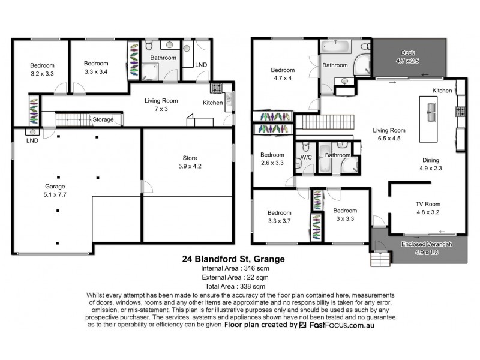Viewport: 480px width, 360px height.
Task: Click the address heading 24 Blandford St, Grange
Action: pos(233,260)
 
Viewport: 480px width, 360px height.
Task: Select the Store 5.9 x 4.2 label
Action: pos(189,163)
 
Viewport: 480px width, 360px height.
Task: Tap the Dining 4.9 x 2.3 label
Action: pos(430,164)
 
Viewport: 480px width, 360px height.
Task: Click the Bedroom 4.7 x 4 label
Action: pos(282,74)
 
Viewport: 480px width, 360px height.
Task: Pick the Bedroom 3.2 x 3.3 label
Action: pos(42,70)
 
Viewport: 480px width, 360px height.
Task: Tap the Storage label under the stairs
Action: pos(103,119)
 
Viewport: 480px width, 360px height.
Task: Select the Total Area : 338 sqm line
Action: pos(233,287)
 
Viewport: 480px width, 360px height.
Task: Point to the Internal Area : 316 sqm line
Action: pos(233,269)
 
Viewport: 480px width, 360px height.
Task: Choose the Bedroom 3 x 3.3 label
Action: pos(345,214)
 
